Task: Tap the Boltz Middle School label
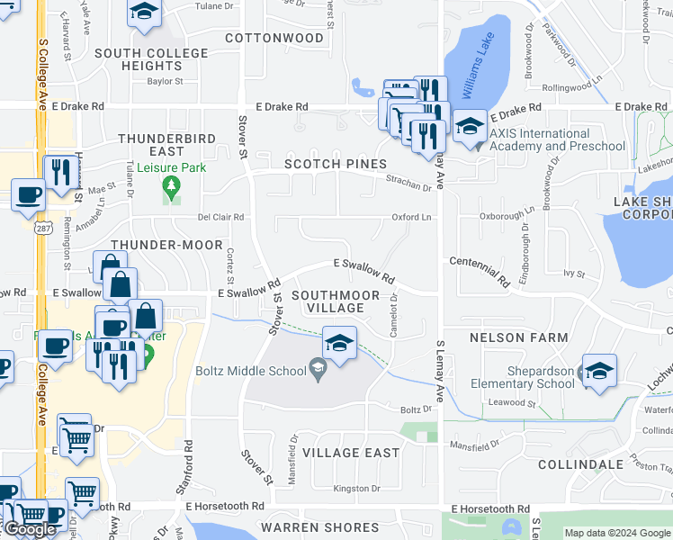tap(251, 369)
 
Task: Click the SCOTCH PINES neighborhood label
tap(336, 164)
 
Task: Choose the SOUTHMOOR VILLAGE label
tap(328, 301)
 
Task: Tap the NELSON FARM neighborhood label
tap(519, 337)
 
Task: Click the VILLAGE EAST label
tap(351, 452)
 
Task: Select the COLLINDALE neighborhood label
tap(580, 464)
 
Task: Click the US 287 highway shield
tap(43, 229)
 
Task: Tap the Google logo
tap(29, 528)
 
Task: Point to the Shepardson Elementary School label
tap(523, 377)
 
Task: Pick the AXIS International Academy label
tap(557, 139)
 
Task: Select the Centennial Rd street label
tap(480, 270)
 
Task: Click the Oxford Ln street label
tap(411, 217)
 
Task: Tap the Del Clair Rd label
tap(220, 217)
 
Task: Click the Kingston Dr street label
tap(356, 489)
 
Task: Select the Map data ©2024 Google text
tap(618, 533)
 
